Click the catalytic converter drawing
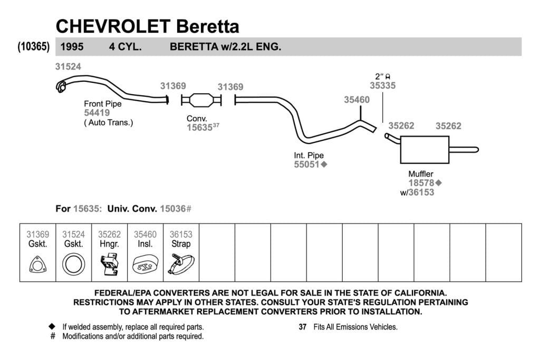201,100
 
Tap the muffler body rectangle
425,150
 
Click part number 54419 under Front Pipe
97,113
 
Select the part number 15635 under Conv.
199,128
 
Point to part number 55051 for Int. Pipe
306,164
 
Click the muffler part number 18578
421,183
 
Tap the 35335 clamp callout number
383,86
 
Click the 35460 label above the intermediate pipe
357,100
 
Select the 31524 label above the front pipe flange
68,67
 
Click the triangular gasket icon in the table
38,264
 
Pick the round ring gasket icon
74,264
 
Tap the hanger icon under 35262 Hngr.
110,264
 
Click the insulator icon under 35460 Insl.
146,264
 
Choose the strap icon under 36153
181,264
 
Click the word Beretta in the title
208,26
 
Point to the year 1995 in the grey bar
72,47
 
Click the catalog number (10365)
33,46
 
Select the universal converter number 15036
173,209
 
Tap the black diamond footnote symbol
52,326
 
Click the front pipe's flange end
61,87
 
